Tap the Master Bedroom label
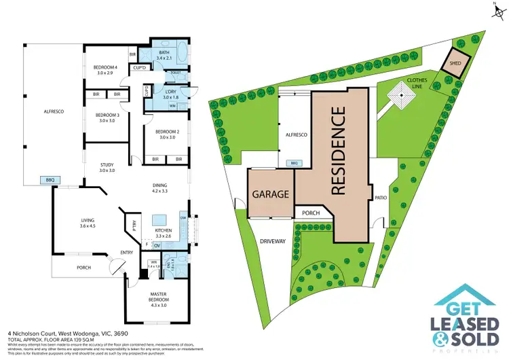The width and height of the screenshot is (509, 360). [x=158, y=296]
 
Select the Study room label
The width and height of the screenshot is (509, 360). [x=106, y=164]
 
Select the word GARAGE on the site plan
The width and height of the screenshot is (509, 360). [x=271, y=194]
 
